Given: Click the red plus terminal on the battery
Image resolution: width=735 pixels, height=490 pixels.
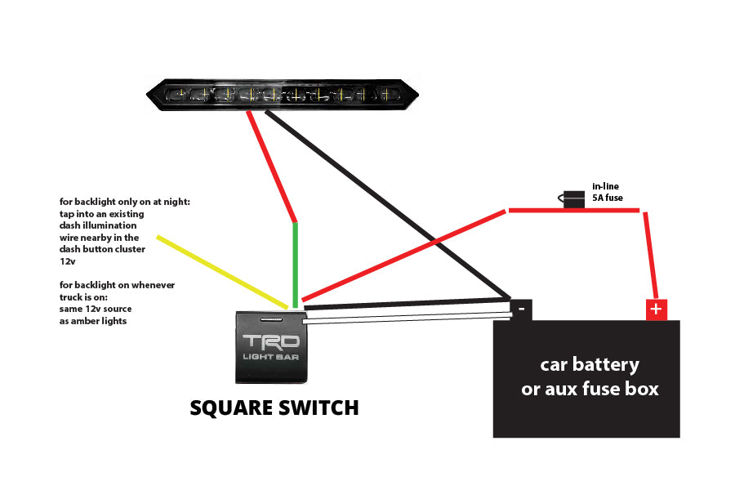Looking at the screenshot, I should pyautogui.click(x=657, y=310).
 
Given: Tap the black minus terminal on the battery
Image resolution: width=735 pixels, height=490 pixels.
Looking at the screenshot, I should pyautogui.click(x=521, y=309).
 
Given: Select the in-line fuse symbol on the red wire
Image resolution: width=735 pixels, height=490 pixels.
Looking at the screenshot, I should pyautogui.click(x=574, y=198).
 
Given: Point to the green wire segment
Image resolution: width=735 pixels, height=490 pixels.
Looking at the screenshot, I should pyautogui.click(x=296, y=261).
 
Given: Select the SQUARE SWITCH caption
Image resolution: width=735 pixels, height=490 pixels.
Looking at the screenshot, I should pyautogui.click(x=274, y=408).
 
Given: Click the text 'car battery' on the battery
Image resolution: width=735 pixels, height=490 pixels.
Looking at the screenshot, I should pyautogui.click(x=589, y=364).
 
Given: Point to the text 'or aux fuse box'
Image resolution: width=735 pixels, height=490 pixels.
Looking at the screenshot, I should pyautogui.click(x=589, y=389).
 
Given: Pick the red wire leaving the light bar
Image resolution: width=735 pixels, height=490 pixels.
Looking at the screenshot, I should pyautogui.click(x=273, y=167).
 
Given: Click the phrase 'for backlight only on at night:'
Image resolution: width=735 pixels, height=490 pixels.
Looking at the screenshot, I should pyautogui.click(x=124, y=202).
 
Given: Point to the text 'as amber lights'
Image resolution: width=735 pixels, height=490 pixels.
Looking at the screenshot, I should pyautogui.click(x=93, y=321).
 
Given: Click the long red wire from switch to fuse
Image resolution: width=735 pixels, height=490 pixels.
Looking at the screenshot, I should pyautogui.click(x=404, y=255).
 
